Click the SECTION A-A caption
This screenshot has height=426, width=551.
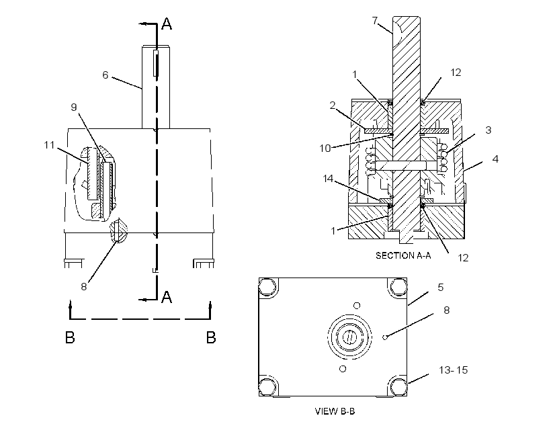point(403,255)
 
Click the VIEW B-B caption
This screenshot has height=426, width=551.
point(335,411)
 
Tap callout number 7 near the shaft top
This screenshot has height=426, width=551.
point(375,21)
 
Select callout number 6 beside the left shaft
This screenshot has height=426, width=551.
point(105,75)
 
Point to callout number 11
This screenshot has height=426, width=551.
point(50,144)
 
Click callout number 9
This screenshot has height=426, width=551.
point(74,107)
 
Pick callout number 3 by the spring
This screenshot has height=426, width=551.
point(488,130)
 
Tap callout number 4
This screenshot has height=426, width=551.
point(495,159)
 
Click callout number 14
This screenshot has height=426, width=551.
point(328,179)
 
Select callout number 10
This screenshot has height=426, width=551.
point(325,148)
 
